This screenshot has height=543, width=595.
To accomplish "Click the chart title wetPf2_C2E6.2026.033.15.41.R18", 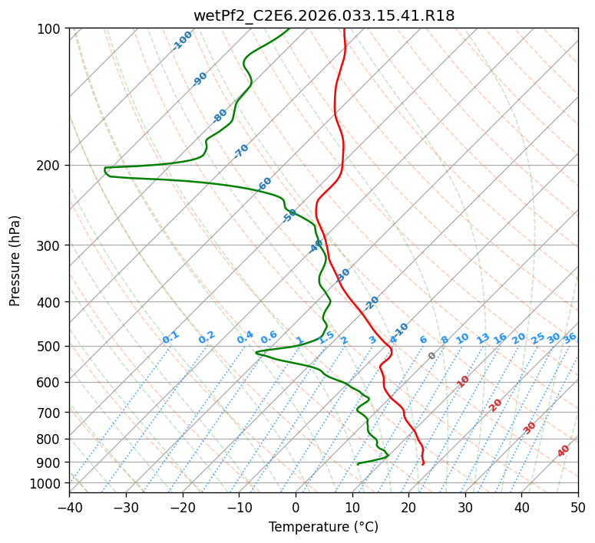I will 323,15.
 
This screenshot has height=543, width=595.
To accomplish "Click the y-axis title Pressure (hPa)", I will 15,260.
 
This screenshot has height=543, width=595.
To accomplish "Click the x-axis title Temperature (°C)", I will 323,527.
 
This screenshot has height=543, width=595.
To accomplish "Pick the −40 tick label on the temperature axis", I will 69,507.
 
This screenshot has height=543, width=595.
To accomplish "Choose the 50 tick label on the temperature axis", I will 578,507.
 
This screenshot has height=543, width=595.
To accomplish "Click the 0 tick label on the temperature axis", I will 296,507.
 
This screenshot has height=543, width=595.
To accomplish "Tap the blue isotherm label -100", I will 182,41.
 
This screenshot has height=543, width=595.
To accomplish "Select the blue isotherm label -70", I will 241,151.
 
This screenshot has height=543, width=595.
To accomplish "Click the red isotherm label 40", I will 564,451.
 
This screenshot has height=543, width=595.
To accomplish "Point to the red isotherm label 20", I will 496,404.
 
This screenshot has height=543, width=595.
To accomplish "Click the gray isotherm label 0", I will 432,356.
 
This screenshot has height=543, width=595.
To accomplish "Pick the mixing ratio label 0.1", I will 170,337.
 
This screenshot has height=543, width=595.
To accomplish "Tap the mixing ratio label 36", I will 570,337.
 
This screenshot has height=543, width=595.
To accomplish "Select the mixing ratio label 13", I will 483,338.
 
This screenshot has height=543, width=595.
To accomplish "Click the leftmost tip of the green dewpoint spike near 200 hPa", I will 104,169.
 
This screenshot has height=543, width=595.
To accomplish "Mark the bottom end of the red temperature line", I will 422,464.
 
